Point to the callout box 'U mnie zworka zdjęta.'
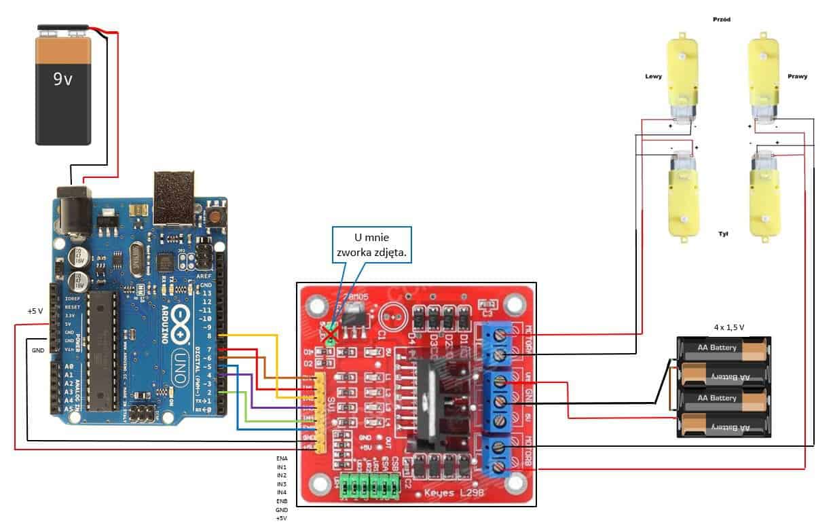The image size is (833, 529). pos(373,245)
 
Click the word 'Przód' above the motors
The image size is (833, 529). pos(722,20)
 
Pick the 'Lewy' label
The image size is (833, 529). pos(653,77)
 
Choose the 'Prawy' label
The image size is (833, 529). pos(798,77)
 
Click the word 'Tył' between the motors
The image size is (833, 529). pos(722,233)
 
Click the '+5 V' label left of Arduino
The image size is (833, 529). pos(35,311)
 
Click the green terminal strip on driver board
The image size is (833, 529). pos(369,487)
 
